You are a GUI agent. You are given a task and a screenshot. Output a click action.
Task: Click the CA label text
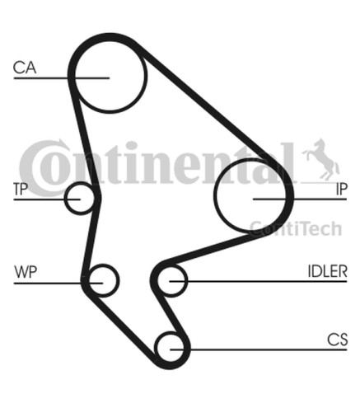[x=25, y=68]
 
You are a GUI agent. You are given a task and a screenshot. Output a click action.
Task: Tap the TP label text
[x=21, y=189]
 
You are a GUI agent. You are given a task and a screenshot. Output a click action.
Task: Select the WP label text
[x=26, y=272]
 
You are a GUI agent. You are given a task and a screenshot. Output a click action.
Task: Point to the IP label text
[x=342, y=189]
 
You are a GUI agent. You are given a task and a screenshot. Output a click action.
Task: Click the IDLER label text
[x=328, y=271]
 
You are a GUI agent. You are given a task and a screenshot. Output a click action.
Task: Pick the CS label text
[x=337, y=340]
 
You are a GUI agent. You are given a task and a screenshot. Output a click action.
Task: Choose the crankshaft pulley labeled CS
[x=171, y=333]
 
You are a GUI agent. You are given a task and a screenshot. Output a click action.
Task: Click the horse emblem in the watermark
[x=321, y=159]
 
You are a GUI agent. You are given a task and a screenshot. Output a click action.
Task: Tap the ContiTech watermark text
[x=296, y=229]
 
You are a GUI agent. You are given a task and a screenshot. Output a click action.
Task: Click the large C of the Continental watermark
[x=41, y=167]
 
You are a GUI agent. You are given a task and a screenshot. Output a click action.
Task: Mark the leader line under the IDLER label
[x=258, y=281]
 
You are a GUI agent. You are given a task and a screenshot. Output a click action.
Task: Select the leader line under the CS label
[x=259, y=349]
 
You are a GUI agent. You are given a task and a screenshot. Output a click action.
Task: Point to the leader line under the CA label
[x=62, y=78]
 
